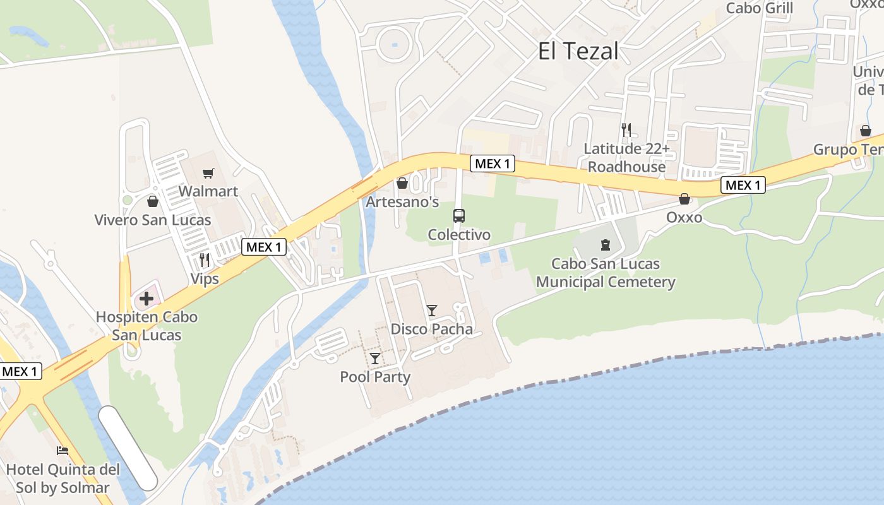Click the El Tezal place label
(x=578, y=51)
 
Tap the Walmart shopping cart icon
(x=208, y=173)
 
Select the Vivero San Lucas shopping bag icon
(x=153, y=201)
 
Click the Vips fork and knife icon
(x=205, y=259)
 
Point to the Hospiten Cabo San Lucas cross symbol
(x=146, y=298)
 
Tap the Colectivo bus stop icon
(x=459, y=216)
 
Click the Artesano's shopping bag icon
(x=402, y=183)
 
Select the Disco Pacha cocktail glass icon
(x=432, y=310)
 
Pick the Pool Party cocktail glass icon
(x=375, y=359)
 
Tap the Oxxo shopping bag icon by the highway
(x=684, y=199)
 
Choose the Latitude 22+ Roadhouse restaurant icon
(x=626, y=130)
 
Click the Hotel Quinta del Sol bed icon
(x=63, y=451)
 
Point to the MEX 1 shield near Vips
(x=264, y=247)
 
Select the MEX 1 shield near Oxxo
(x=743, y=185)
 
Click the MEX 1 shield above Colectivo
(x=493, y=164)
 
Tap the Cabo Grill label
(x=760, y=8)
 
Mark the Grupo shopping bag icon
(x=866, y=131)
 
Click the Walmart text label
(x=208, y=191)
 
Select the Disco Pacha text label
(x=432, y=329)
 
